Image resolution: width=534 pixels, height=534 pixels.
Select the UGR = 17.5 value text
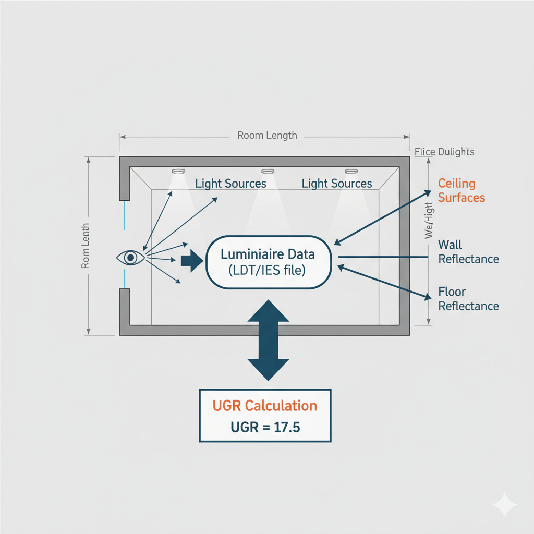pyautogui.click(x=265, y=428)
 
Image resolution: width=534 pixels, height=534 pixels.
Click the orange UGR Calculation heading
pyautogui.click(x=265, y=406)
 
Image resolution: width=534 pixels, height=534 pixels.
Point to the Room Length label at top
pyautogui.click(x=267, y=136)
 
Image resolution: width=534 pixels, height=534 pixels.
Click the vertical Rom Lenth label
pyautogui.click(x=86, y=246)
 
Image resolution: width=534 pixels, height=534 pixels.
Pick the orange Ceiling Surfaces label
pyautogui.click(x=461, y=190)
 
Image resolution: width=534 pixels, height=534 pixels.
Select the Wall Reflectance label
pyautogui.click(x=468, y=252)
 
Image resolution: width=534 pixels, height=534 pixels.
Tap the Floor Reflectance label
pyautogui.click(x=468, y=299)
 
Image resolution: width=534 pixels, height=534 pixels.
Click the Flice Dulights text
pyautogui.click(x=444, y=152)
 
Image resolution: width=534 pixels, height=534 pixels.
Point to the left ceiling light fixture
pyautogui.click(x=178, y=171)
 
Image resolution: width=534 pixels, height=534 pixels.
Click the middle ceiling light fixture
pyautogui.click(x=268, y=171)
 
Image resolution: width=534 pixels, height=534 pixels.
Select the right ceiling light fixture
pyautogui.click(x=350, y=171)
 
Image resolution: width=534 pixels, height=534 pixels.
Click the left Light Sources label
pyautogui.click(x=230, y=184)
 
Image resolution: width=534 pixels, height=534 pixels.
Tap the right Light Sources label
pyautogui.click(x=337, y=184)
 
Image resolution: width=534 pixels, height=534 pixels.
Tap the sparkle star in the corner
pyautogui.click(x=505, y=505)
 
